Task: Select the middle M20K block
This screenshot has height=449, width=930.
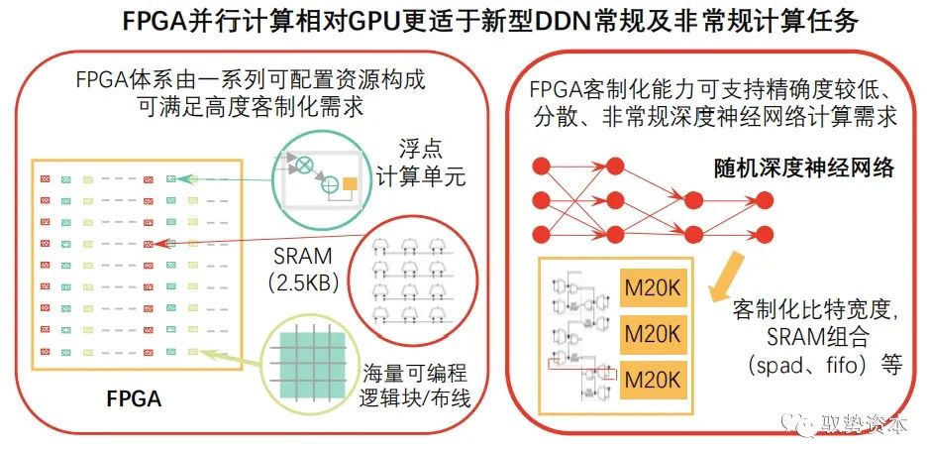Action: tap(652, 332)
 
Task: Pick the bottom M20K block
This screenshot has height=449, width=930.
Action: tap(652, 378)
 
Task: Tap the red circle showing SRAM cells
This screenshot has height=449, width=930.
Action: tap(410, 273)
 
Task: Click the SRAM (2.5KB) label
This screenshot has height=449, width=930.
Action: tap(304, 267)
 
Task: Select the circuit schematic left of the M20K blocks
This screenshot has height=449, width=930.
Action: tap(578, 334)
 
